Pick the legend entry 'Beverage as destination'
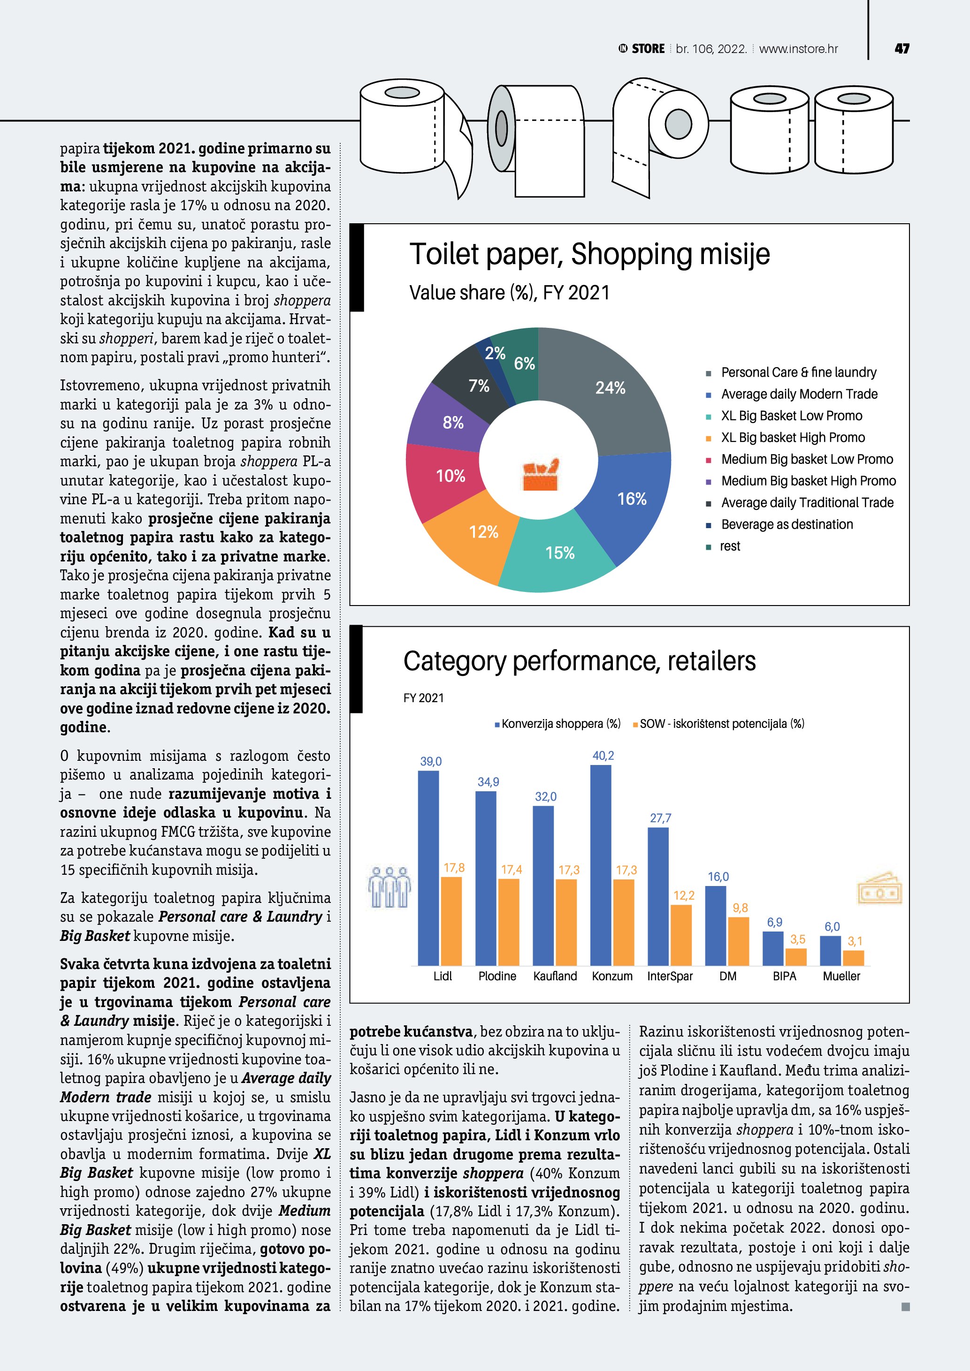coord(787,524)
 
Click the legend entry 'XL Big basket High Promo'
coord(793,438)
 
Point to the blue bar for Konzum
coord(600,866)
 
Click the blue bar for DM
coord(716,925)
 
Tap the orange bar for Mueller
coord(854,958)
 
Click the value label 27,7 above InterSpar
coord(660,818)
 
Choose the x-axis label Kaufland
coord(555,976)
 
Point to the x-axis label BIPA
coord(784,976)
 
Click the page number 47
coord(902,49)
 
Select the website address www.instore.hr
coord(798,49)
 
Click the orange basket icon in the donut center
coord(540,475)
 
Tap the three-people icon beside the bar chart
coord(390,887)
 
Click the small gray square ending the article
coord(905,1307)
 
